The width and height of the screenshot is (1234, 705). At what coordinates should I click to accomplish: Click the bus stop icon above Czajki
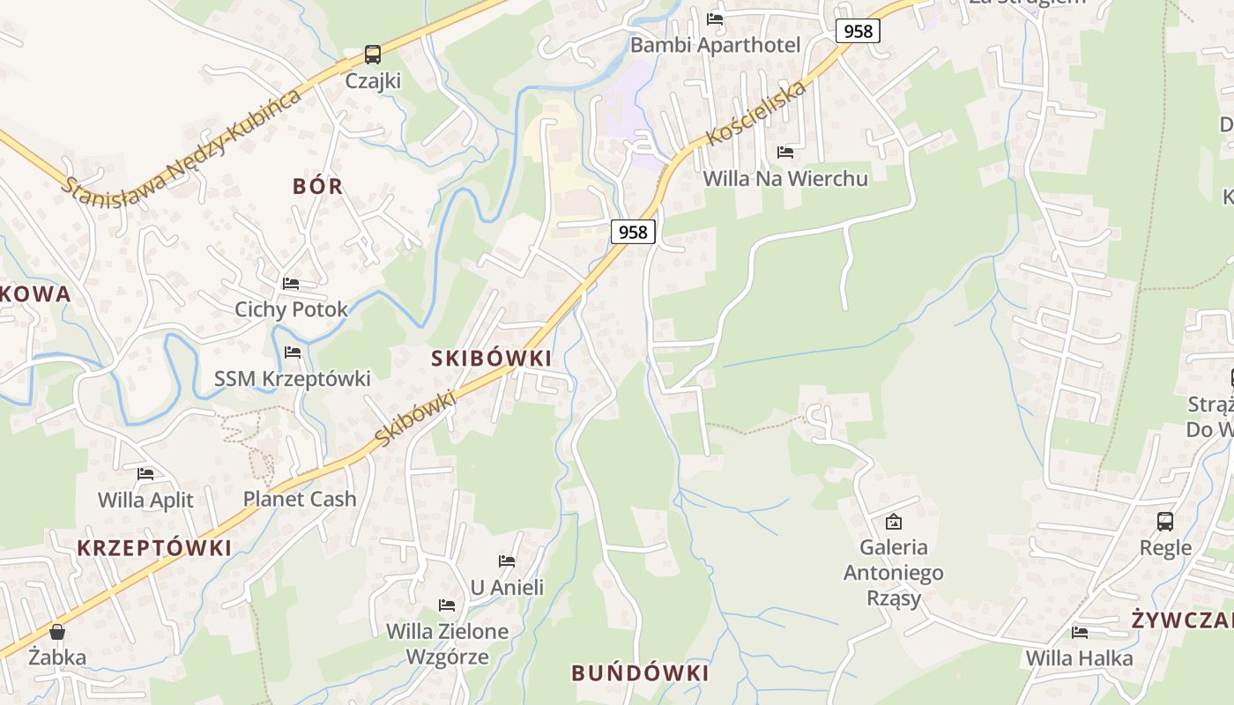373,55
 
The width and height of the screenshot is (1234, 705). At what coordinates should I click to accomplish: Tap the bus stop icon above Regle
1165,521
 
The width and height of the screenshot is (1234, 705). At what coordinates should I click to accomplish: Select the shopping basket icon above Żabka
57,632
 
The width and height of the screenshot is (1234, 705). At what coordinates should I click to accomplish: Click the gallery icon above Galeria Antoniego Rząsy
893,522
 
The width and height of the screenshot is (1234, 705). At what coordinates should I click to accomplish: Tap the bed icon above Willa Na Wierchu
785,152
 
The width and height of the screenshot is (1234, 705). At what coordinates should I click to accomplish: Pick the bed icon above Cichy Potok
291,284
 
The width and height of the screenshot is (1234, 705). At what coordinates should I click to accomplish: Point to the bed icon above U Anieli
507,561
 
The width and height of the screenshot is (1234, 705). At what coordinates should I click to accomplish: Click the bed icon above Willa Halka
1079,633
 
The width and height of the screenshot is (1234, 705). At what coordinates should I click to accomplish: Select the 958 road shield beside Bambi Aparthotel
858,32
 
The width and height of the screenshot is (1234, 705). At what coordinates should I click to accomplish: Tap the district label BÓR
318,186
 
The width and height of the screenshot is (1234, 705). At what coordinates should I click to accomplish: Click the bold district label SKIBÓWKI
492,358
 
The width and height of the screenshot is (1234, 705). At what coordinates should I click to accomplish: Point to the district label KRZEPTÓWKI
154,548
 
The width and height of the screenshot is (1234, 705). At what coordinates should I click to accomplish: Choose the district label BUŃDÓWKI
640,673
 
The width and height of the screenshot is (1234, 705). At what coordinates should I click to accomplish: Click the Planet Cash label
300,499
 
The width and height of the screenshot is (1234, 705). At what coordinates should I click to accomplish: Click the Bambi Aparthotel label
715,45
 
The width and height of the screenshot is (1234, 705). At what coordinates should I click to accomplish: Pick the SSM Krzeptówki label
293,379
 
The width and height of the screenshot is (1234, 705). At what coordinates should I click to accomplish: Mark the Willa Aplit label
145,501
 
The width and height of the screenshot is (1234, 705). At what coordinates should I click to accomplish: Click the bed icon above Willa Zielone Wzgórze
447,605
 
